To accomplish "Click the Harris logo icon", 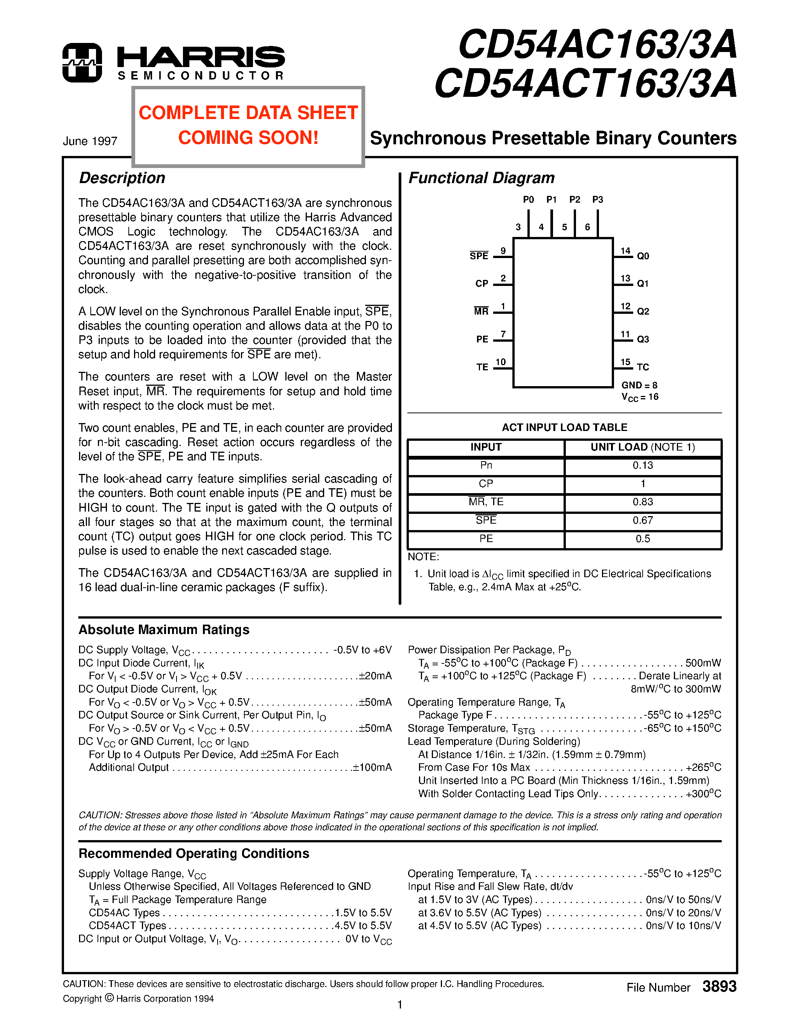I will [x=82, y=63].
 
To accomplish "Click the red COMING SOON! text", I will [x=248, y=138].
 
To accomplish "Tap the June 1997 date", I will [x=90, y=141].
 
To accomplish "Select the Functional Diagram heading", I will [x=481, y=178].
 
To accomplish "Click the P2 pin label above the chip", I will [x=574, y=200].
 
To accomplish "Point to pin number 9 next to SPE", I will [x=503, y=251].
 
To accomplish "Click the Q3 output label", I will [x=643, y=339].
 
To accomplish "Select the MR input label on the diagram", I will [x=481, y=312].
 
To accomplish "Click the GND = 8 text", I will [x=639, y=385].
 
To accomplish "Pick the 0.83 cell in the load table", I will [x=643, y=502].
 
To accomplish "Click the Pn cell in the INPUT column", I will [x=486, y=465].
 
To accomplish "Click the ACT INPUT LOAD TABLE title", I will [x=564, y=428].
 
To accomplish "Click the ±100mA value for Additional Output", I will [x=372, y=767].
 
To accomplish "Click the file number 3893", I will [x=719, y=987].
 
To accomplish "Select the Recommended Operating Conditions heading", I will [x=194, y=853].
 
